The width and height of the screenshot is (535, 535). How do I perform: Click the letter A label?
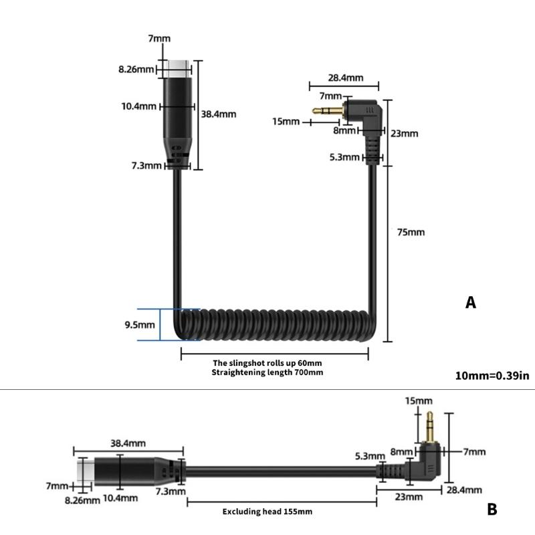tap(471, 303)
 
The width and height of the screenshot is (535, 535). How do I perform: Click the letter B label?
tap(492, 510)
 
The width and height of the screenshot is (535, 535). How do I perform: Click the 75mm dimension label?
tap(411, 232)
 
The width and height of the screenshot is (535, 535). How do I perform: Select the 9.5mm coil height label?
tap(140, 325)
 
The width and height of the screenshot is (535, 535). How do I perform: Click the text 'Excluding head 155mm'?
tap(267, 512)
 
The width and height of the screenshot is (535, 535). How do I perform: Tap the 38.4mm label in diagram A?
tap(219, 114)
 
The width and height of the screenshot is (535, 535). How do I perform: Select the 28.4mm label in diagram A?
tap(346, 78)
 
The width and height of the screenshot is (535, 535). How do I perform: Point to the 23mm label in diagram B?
tap(409, 497)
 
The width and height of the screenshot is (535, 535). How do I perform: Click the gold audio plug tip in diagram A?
tap(326, 111)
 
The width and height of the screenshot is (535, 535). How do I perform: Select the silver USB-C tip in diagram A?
tap(178, 65)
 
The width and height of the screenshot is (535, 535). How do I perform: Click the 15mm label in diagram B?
tap(419, 401)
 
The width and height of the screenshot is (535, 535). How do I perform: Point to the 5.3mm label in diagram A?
tap(346, 158)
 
